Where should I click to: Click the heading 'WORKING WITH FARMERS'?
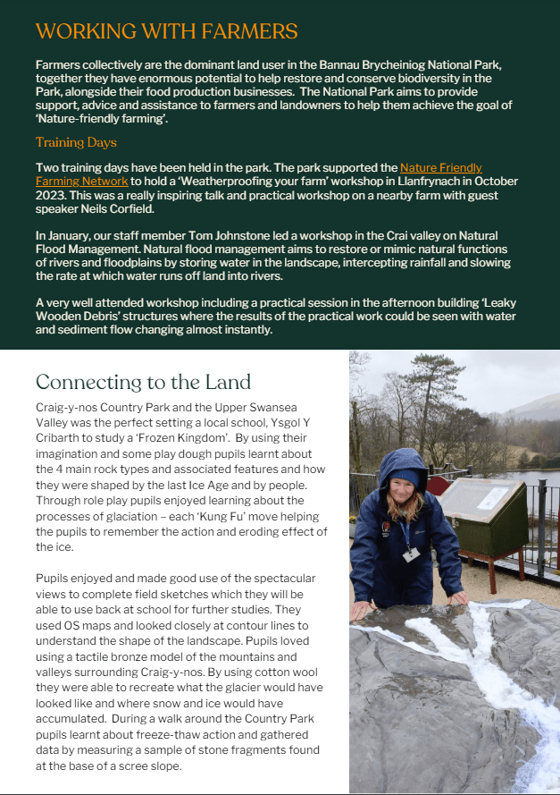tap(166, 32)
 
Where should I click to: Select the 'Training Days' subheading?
tap(76, 142)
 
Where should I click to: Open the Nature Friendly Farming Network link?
tap(440, 168)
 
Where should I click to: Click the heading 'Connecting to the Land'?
tap(143, 382)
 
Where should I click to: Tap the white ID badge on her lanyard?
tap(410, 554)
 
